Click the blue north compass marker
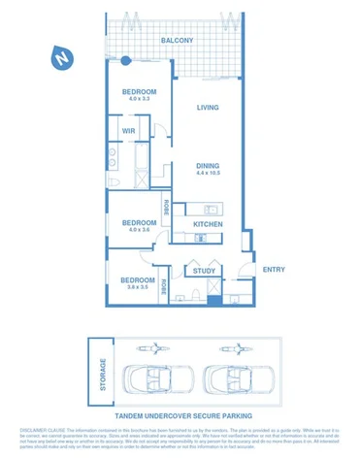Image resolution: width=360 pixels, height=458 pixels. pos(61,58)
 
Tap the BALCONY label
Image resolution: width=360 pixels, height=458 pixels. pos(177,41)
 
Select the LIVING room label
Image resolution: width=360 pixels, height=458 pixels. pos(207,108)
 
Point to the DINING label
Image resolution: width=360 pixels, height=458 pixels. pos(208,165)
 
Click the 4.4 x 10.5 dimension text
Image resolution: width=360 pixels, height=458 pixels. pos(208,174)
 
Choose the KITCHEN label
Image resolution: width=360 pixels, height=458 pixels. pos(208,224)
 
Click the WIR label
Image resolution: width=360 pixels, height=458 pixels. pos(128,131)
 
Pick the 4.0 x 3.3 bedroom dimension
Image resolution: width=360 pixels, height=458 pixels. pos(139,99)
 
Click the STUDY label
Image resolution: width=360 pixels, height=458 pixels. pos(204,272)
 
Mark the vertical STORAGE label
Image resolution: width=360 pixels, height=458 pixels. pos(102,375)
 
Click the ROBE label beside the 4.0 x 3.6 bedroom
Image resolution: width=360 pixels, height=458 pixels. pos(167,207)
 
